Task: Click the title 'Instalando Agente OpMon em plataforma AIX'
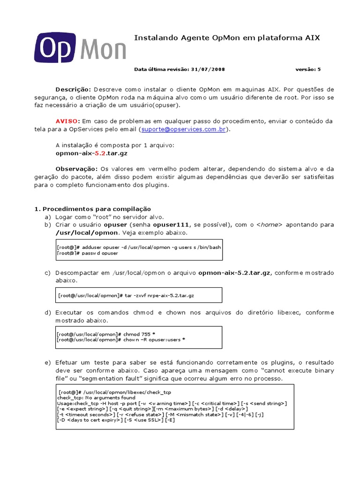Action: pyautogui.click(x=227, y=37)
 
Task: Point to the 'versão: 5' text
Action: pyautogui.click(x=308, y=69)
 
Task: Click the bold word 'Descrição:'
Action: pyautogui.click(x=73, y=89)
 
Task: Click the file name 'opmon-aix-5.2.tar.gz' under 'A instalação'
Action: pyautogui.click(x=91, y=153)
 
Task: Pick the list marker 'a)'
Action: pyautogui.click(x=47, y=217)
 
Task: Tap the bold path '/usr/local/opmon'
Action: pyautogui.click(x=88, y=233)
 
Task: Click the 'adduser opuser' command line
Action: pyautogui.click(x=139, y=247)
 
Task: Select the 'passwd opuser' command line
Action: pyautogui.click(x=88, y=253)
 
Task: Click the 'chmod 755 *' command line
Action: pyautogui.click(x=106, y=334)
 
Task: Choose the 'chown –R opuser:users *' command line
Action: pyautogui.click(x=120, y=339)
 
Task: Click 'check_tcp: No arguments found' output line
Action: pyautogui.click(x=89, y=397)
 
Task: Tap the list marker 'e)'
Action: pyautogui.click(x=47, y=363)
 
